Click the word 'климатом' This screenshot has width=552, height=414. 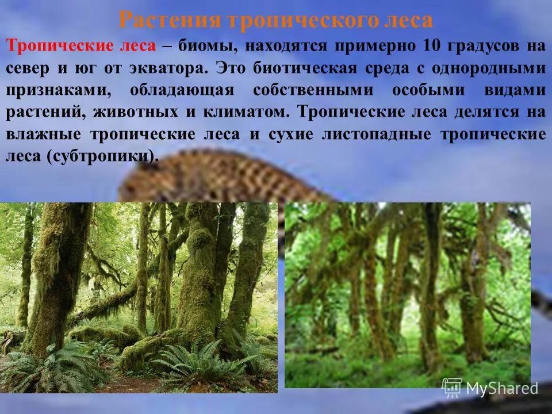(x=244, y=112)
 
